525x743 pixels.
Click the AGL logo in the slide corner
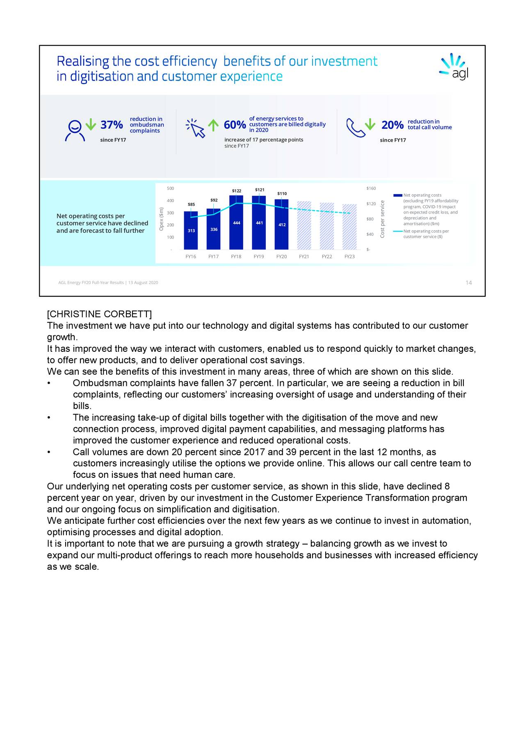(x=454, y=67)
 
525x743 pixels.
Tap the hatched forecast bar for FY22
(x=327, y=226)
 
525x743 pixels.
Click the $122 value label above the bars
(x=236, y=191)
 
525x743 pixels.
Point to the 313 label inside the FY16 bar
(x=191, y=231)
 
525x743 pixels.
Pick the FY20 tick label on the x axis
(x=281, y=257)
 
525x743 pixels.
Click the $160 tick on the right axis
(x=371, y=188)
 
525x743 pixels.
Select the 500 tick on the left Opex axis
(x=170, y=188)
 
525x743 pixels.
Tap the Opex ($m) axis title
(x=162, y=219)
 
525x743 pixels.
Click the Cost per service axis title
(x=382, y=219)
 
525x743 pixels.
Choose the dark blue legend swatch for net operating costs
(x=398, y=195)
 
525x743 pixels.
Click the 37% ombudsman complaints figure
(x=112, y=125)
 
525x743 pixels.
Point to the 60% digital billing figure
(x=235, y=125)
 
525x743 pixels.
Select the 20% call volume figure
(x=392, y=125)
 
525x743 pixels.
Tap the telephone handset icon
(x=355, y=128)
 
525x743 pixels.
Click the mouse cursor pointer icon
(x=196, y=128)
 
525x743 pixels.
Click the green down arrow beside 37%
(x=91, y=124)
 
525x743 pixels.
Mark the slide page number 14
(x=468, y=282)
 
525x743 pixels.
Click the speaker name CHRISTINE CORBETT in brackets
(x=99, y=314)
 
